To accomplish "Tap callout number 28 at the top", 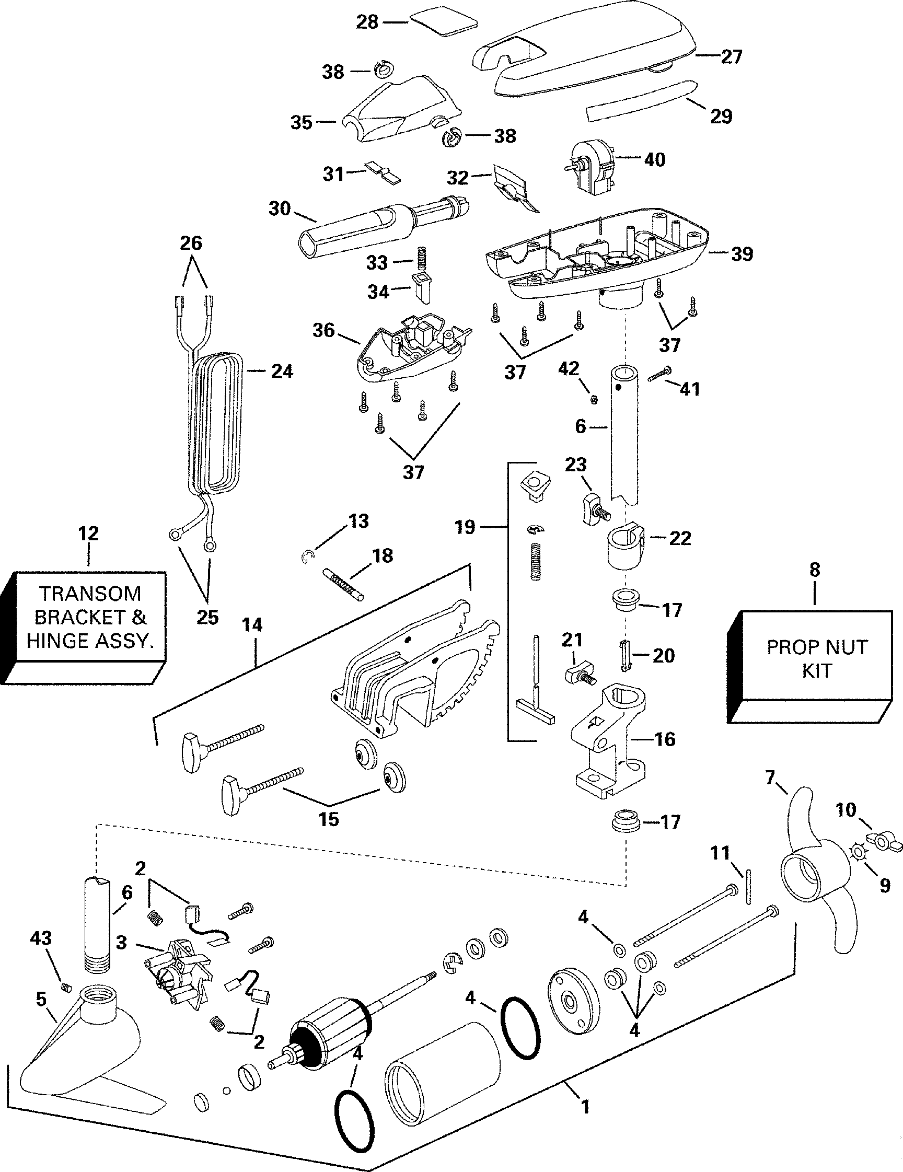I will pyautogui.click(x=367, y=22).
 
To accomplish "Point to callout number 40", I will pyautogui.click(x=654, y=159).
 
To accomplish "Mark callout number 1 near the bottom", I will pyautogui.click(x=585, y=1107).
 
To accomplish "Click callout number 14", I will pyautogui.click(x=252, y=625).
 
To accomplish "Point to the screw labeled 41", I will pyautogui.click(x=659, y=374).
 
